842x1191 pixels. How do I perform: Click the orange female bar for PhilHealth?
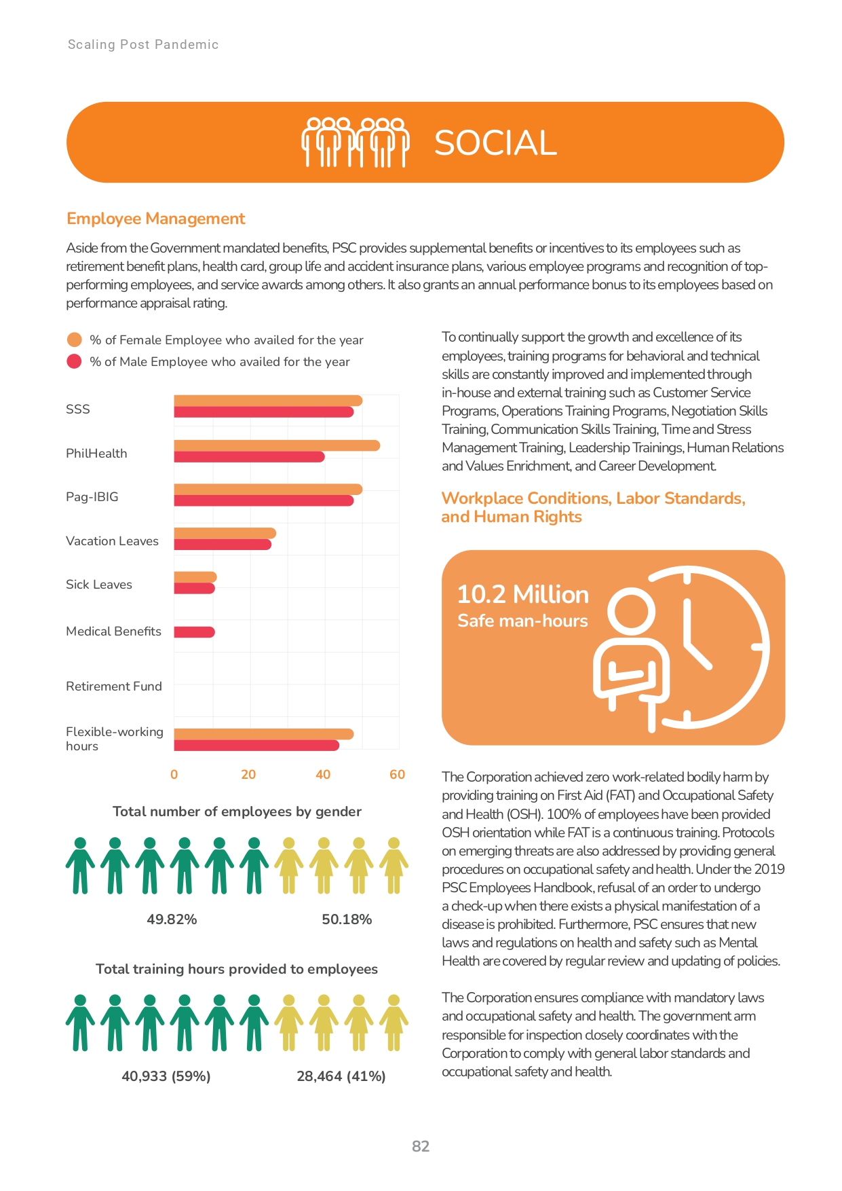tap(277, 445)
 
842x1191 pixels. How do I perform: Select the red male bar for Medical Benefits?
tap(195, 632)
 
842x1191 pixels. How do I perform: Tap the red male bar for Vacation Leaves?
tap(223, 545)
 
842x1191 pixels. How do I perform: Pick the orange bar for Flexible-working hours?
tap(264, 734)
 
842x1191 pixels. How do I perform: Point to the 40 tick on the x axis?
tap(323, 774)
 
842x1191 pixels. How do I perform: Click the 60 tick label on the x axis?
tap(397, 774)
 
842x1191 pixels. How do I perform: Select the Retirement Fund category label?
tap(114, 686)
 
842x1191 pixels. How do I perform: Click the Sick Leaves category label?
tap(99, 585)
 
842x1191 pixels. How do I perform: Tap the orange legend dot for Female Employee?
tap(75, 340)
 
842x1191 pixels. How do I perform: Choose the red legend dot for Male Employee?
tap(75, 361)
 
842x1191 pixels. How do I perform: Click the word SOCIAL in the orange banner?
tap(495, 143)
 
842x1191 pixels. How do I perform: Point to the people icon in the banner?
tap(356, 142)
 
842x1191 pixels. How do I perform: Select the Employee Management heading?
tap(156, 219)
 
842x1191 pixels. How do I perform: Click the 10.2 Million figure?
tap(523, 594)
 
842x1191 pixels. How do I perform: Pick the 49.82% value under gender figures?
tap(172, 919)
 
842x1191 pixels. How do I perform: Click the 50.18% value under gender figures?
tap(347, 919)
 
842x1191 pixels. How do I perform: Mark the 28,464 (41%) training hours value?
tap(341, 1076)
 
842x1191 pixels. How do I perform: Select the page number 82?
tap(421, 1146)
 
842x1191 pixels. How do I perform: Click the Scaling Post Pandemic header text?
tap(143, 45)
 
